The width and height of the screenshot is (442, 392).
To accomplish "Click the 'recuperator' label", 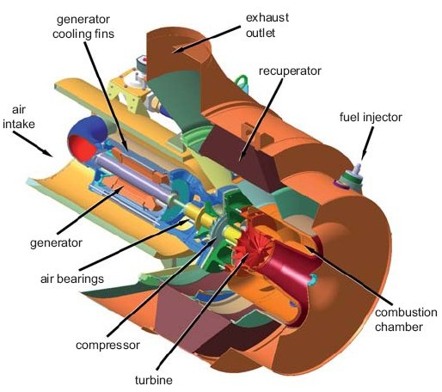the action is coord(290,71).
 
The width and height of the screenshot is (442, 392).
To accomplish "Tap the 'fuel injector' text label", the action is coord(371,117).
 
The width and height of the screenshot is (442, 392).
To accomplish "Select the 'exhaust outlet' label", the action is coord(267,25).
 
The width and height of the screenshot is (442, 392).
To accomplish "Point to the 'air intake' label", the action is coord(19,117).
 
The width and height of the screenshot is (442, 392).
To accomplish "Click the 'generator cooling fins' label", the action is coord(83,27).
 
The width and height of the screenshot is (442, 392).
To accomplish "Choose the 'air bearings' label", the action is coord(72,279).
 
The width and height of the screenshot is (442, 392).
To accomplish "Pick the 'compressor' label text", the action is coord(107,345).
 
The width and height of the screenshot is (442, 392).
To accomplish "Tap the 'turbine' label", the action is coord(154,380).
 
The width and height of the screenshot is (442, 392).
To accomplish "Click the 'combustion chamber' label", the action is coord(406,320).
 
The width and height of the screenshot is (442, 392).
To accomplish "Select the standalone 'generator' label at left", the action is coord(56,243).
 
